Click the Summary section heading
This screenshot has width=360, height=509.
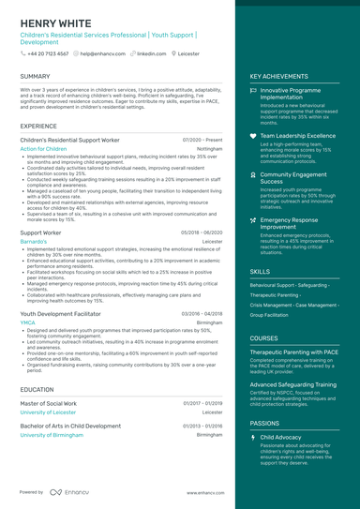[35, 76]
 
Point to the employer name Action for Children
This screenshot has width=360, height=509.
[43, 148]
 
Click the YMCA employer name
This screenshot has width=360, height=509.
[27, 322]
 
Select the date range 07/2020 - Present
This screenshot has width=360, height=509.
[202, 139]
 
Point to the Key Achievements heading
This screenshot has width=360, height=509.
[279, 76]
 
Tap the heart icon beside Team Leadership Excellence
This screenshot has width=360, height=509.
[253, 136]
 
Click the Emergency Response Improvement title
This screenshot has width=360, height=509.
[291, 222]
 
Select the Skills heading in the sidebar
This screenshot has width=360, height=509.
[260, 271]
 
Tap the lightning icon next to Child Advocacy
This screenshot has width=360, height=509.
[253, 437]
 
